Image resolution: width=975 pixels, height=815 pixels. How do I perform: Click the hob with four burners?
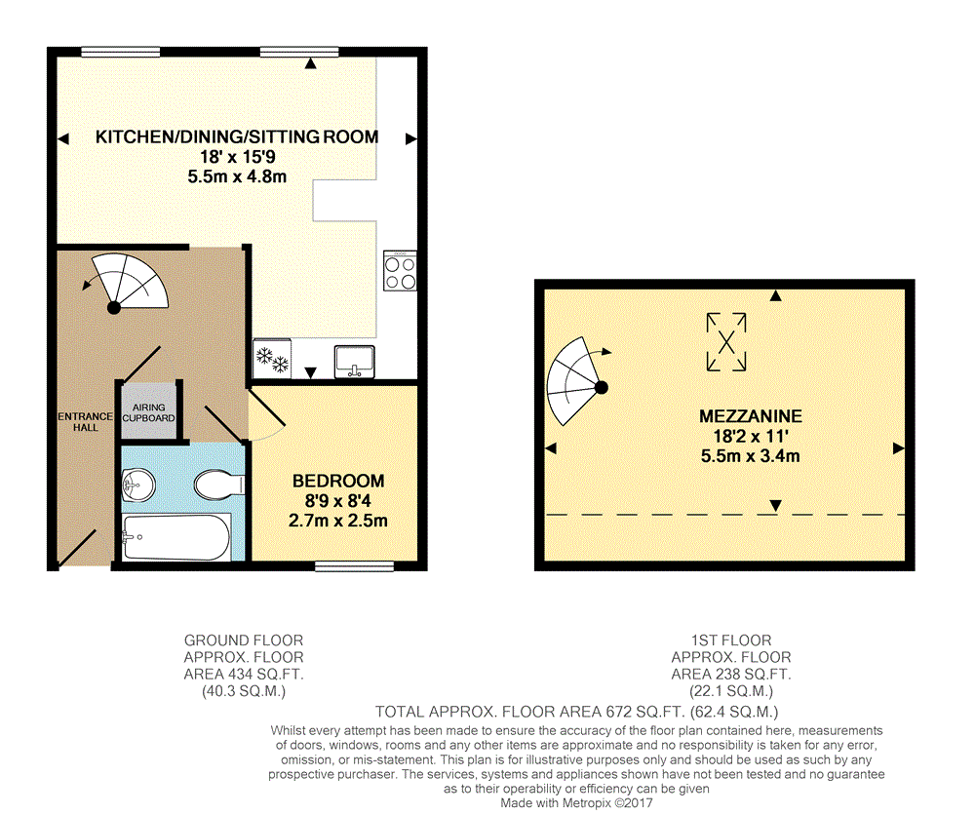click(400, 270)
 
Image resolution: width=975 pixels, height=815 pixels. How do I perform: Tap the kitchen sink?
click(355, 362)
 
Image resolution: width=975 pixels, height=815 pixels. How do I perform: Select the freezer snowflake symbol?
click(272, 360)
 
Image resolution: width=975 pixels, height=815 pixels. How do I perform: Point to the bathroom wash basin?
click(138, 485)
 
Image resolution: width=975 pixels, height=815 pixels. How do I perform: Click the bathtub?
click(176, 537)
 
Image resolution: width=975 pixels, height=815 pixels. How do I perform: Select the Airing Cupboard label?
click(148, 412)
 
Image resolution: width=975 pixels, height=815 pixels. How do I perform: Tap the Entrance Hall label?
click(85, 421)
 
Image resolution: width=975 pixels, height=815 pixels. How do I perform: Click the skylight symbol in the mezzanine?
click(726, 342)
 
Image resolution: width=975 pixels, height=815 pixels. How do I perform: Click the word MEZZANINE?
click(751, 416)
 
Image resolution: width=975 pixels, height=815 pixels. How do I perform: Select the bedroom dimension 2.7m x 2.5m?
click(337, 521)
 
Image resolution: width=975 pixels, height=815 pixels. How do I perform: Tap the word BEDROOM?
click(338, 481)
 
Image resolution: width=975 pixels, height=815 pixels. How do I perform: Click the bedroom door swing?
click(267, 413)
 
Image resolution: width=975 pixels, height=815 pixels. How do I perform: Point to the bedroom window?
click(355, 565)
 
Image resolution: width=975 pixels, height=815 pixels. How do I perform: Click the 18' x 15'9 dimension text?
click(238, 157)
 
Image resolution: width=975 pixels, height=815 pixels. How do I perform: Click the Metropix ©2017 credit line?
click(577, 802)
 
